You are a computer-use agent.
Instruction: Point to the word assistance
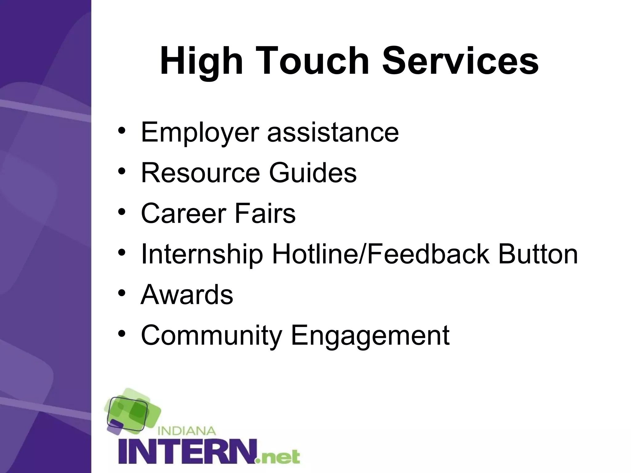[333, 132]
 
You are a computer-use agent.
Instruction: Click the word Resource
[201, 173]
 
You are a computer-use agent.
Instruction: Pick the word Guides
[313, 173]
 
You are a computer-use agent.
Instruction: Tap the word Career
[184, 213]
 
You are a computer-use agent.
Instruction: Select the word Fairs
[265, 213]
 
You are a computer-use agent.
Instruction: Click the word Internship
[202, 254]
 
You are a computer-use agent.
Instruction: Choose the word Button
[538, 254]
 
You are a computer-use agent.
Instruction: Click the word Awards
[187, 295]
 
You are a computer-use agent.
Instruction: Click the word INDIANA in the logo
[186, 431]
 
